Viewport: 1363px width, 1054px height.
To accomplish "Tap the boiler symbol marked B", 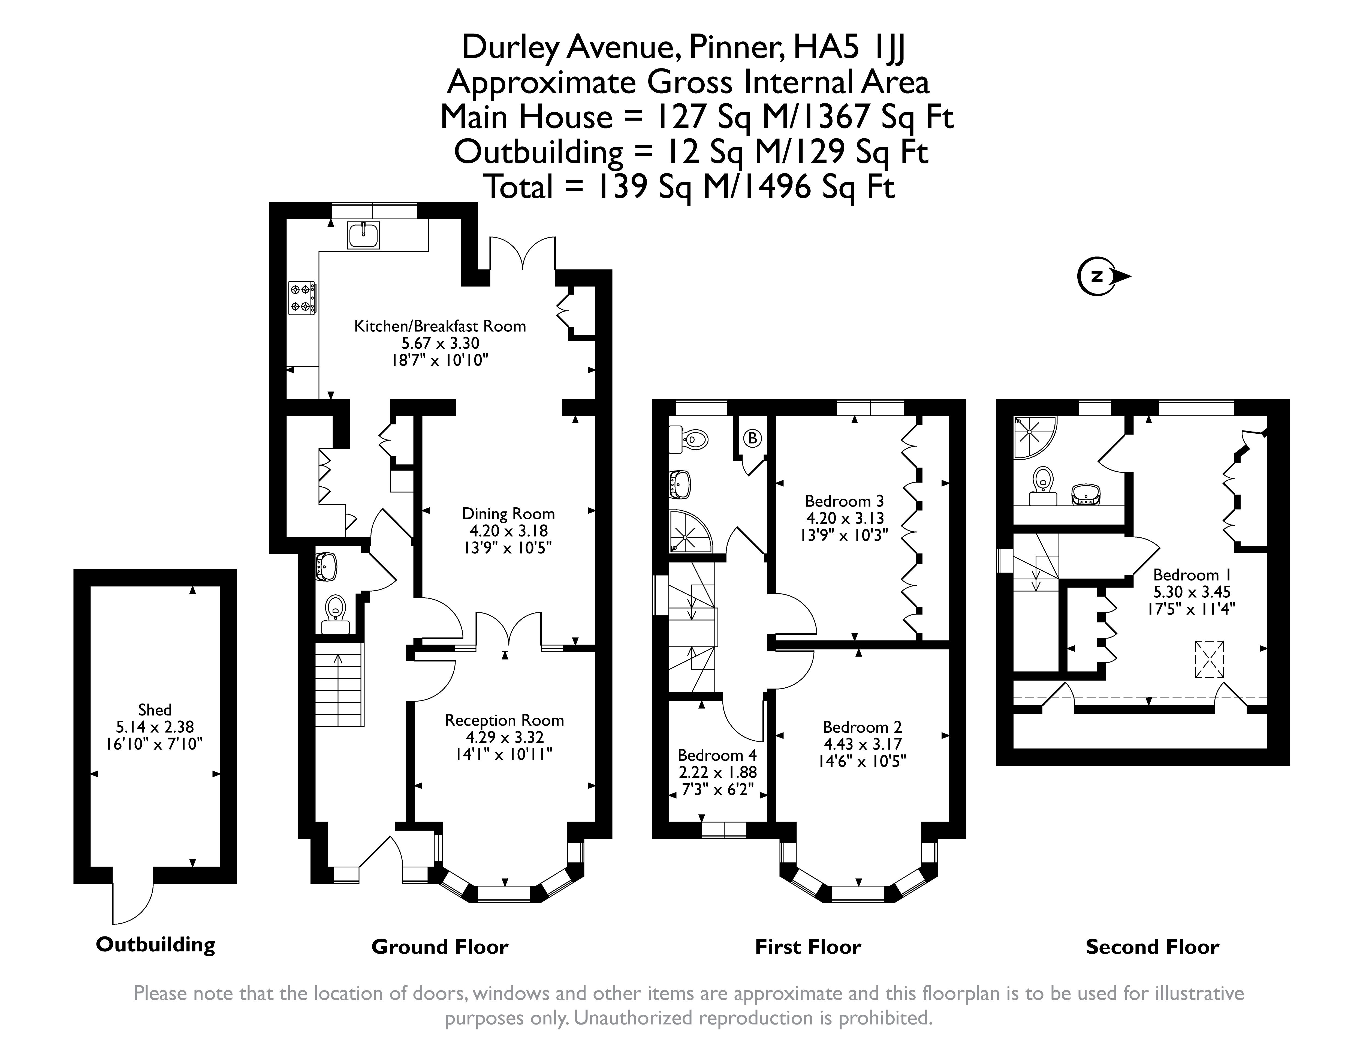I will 752,438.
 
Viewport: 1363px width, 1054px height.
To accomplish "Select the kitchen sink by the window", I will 363,235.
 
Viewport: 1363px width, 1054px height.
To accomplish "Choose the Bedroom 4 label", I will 717,755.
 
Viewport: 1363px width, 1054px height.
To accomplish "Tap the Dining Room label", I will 508,514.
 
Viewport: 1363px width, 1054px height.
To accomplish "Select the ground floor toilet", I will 336,609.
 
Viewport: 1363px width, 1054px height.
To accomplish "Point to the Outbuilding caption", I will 155,945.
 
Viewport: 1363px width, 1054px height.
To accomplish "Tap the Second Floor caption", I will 1152,947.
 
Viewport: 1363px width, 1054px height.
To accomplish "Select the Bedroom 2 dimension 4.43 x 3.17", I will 863,744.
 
